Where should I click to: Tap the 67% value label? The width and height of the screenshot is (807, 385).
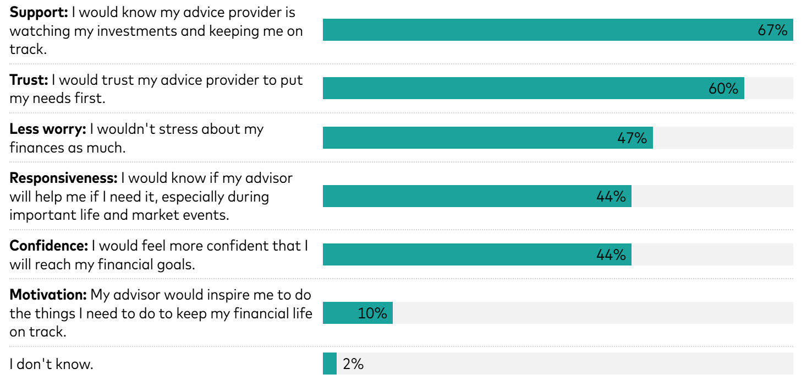point(772,30)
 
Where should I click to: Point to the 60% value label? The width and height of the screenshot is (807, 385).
point(723,88)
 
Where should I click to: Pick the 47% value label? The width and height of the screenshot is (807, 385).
point(632,138)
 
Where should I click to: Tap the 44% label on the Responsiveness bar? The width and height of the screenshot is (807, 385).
point(611,196)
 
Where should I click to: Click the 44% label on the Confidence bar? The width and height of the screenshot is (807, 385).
point(611,254)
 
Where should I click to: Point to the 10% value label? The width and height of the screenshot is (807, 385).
point(372,313)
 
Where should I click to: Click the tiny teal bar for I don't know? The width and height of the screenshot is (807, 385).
point(330,364)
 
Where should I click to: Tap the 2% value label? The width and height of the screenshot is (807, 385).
point(353,364)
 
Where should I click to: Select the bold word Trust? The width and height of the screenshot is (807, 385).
point(29,80)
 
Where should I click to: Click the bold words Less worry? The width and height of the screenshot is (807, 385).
point(48,129)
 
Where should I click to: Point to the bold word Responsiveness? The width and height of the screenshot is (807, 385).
point(63,178)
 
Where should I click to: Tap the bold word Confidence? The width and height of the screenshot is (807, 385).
point(49,246)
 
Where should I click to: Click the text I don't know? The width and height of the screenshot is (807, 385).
point(51,364)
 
